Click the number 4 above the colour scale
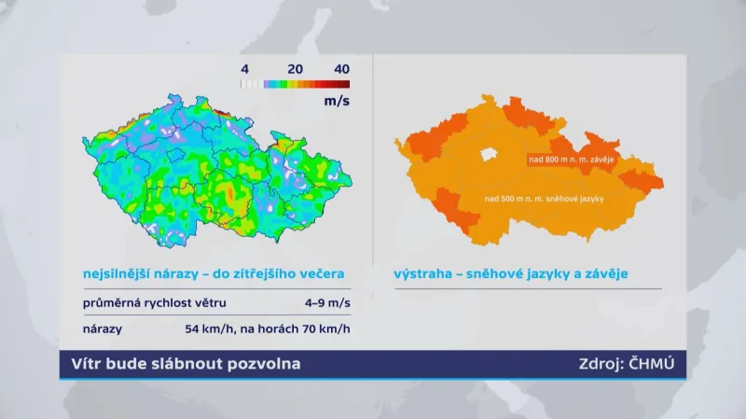tap(244, 68)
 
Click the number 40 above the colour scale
tap(341, 68)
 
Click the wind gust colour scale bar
tap(295, 84)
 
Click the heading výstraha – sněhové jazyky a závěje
tap(510, 273)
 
